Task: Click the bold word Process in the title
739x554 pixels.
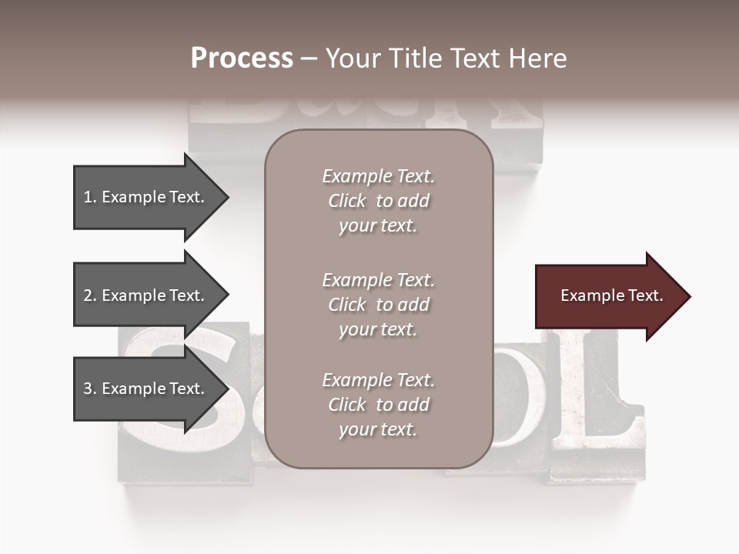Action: point(242,58)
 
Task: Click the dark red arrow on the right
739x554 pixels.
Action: point(608,296)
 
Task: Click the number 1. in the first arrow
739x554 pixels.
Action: point(90,197)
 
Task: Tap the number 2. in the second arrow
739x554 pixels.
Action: point(90,295)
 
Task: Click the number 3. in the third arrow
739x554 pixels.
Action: point(90,389)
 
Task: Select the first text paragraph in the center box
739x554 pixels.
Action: point(378,201)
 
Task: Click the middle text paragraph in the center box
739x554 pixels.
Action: point(378,305)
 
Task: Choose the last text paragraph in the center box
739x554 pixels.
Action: point(378,405)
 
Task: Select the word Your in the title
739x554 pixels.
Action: point(351,58)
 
